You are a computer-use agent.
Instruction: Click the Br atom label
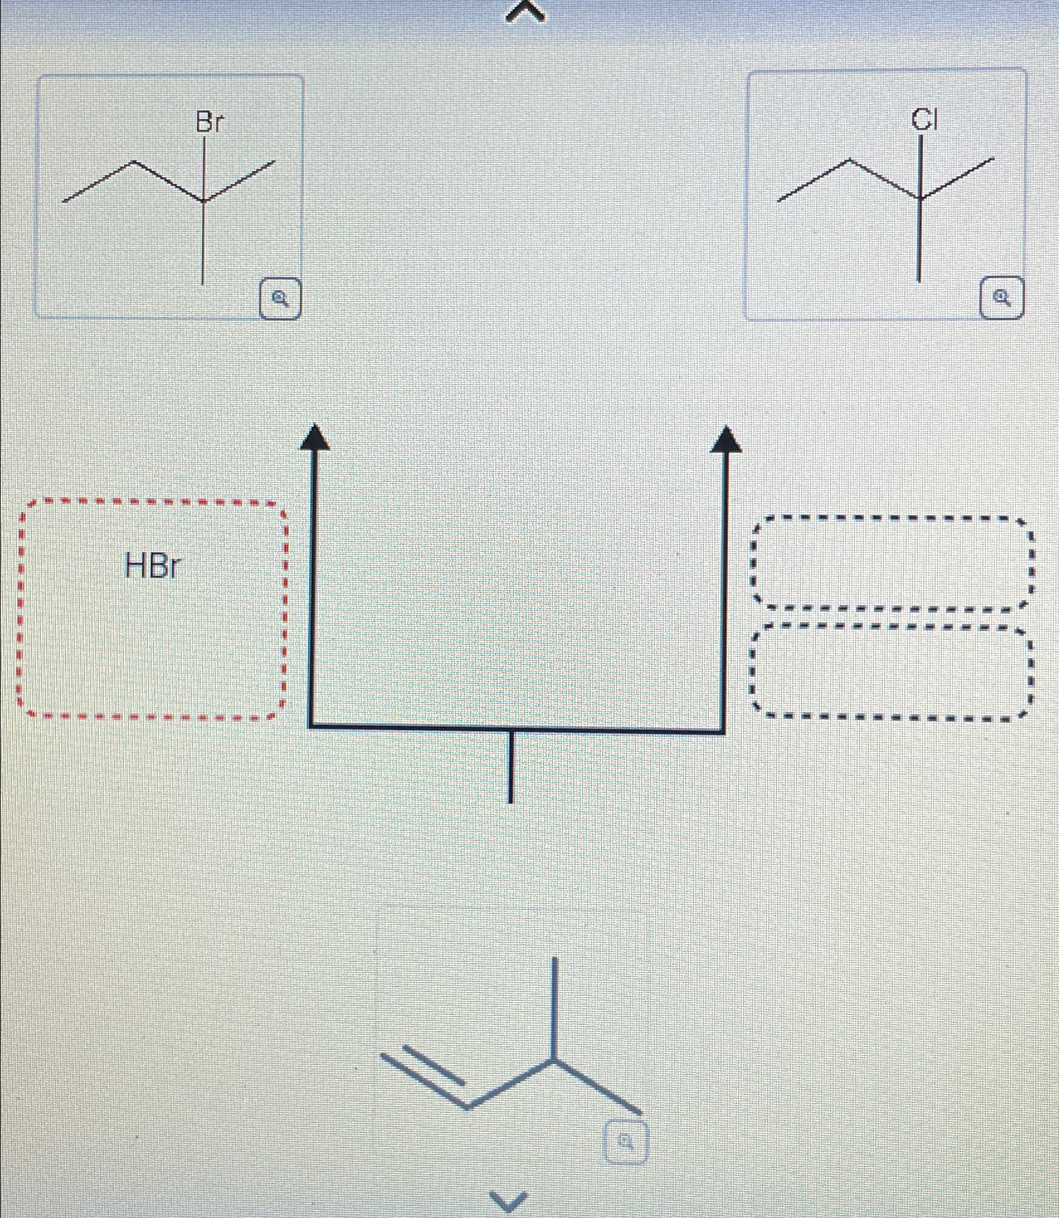[x=209, y=121]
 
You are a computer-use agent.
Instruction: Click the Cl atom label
[x=924, y=119]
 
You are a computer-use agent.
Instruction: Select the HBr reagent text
[x=152, y=566]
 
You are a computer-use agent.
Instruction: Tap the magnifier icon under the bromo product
[x=281, y=299]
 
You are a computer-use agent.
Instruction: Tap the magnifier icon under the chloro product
[x=1002, y=298]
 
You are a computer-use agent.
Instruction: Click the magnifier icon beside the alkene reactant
[x=625, y=1140]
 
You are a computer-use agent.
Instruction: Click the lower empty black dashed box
[x=891, y=671]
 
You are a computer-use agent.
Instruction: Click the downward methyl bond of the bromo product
[x=203, y=243]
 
